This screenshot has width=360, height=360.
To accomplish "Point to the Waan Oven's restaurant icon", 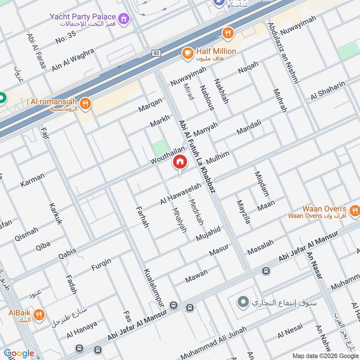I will [354, 211].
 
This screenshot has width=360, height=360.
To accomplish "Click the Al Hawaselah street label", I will [181, 194].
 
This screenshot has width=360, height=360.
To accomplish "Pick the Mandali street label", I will [249, 127].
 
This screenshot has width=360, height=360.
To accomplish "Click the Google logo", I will [18, 353].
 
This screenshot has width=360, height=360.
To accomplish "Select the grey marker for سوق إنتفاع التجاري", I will [243, 302].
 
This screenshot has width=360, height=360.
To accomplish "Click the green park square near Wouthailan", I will [159, 147].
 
